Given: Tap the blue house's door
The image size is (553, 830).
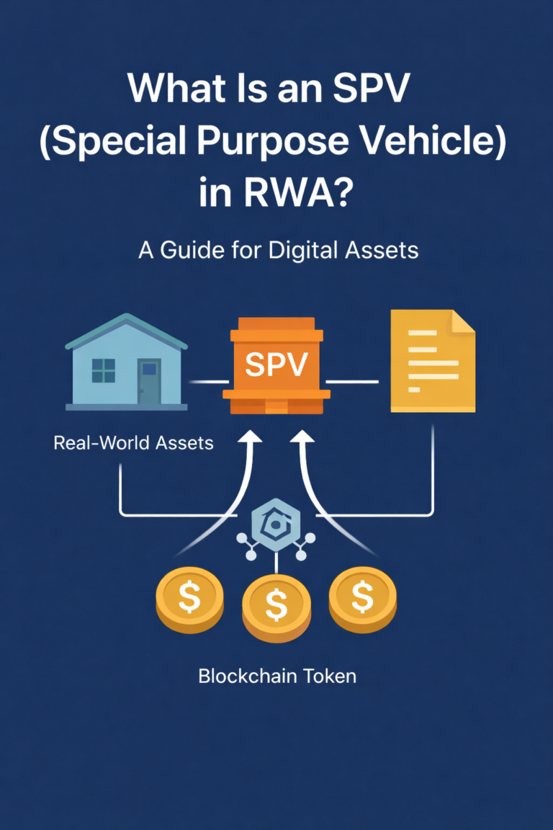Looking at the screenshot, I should click(x=149, y=382).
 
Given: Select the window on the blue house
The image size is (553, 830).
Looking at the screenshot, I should click(x=104, y=370).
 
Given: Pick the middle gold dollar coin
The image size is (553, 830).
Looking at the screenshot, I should click(x=276, y=604).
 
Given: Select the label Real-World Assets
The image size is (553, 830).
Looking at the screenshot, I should click(x=133, y=442).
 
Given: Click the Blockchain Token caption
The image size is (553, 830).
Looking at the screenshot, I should click(x=277, y=677).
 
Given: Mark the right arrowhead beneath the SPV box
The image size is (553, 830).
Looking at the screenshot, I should click(x=303, y=437).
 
